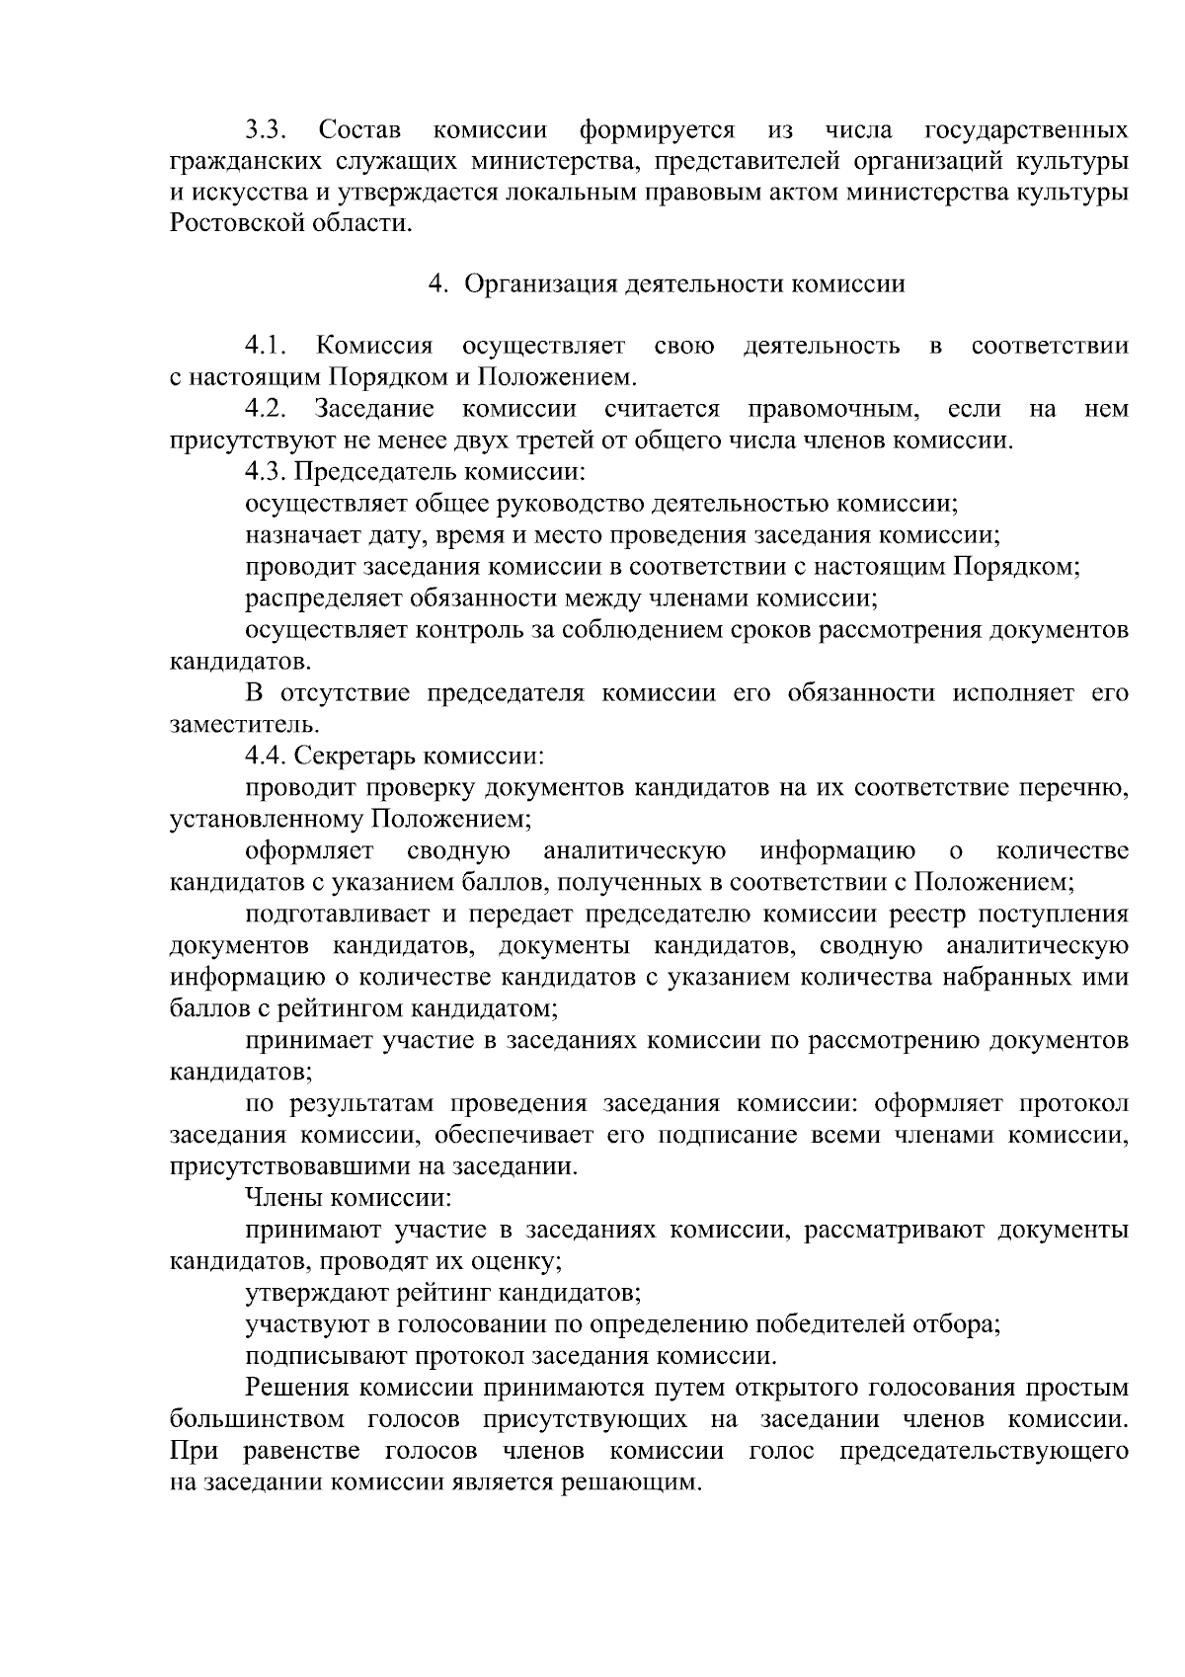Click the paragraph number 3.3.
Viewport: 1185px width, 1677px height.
tap(266, 130)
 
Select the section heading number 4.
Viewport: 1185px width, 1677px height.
tap(436, 284)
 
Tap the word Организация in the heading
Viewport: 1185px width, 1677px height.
tap(539, 284)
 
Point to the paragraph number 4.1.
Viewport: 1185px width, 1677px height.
tap(266, 346)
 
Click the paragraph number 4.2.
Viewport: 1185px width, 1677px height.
tap(266, 409)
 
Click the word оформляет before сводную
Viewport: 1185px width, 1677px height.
tap(309, 851)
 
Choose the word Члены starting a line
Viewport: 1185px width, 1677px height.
tap(283, 1199)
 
